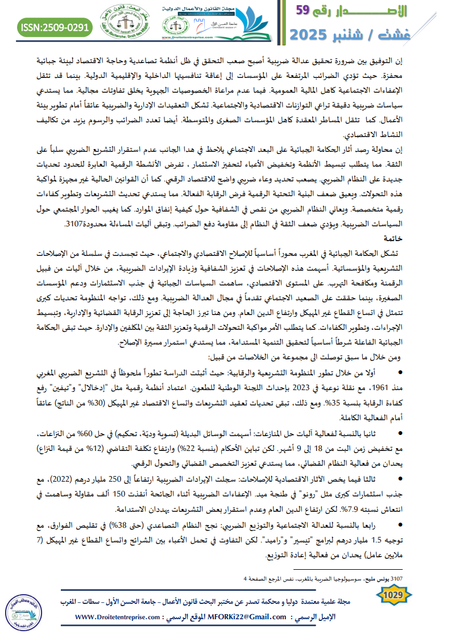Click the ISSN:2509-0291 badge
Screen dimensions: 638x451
point(55,27)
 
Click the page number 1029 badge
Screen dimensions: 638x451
point(393,595)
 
